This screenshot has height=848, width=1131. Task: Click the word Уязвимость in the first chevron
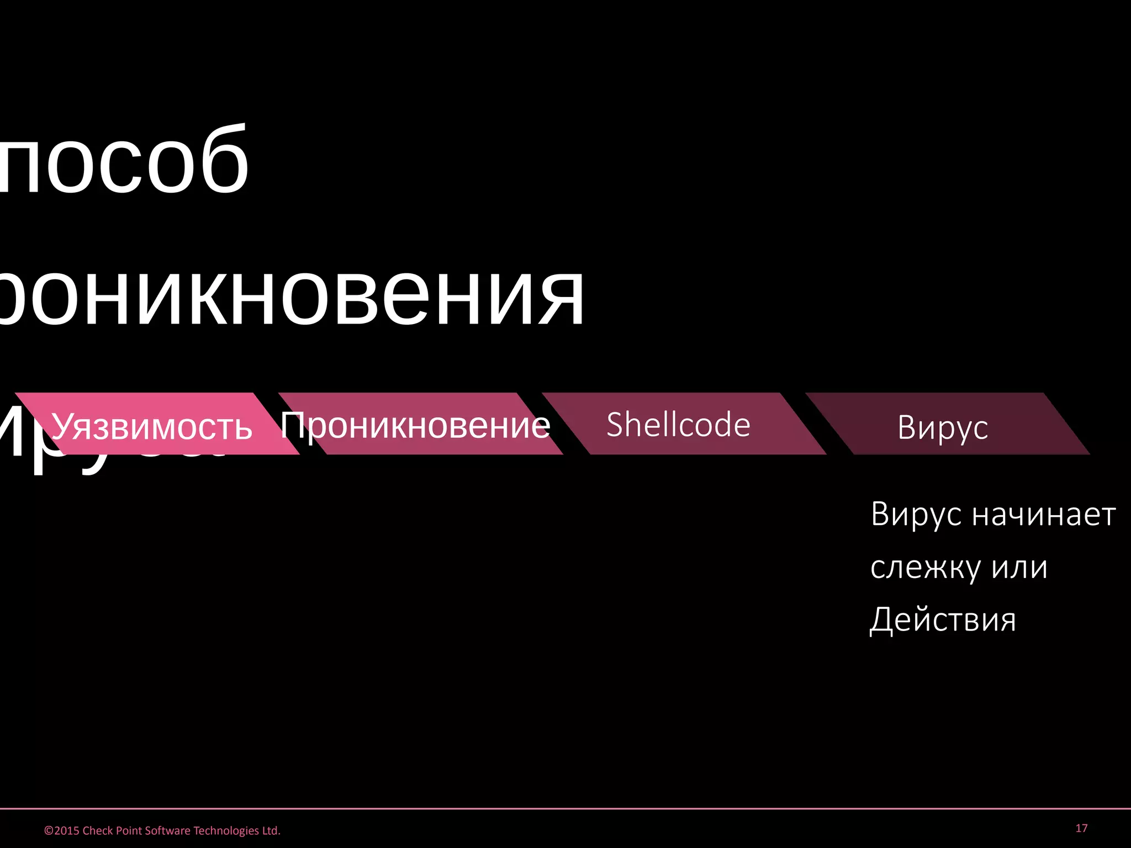pyautogui.click(x=151, y=427)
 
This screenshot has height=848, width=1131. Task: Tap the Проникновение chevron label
pyautogui.click(x=415, y=426)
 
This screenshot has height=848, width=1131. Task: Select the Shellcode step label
pyautogui.click(x=678, y=424)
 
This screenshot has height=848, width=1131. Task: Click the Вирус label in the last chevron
pyautogui.click(x=943, y=427)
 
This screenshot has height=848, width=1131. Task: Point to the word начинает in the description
pyautogui.click(x=1044, y=515)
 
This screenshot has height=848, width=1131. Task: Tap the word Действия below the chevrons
pyautogui.click(x=943, y=619)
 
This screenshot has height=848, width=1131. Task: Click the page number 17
pyautogui.click(x=1081, y=828)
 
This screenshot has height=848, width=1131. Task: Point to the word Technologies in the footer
pyautogui.click(x=226, y=831)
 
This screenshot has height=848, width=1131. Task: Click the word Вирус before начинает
pyautogui.click(x=916, y=515)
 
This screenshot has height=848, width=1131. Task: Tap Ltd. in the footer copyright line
pyautogui.click(x=271, y=831)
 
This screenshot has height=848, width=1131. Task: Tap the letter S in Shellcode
pyautogui.click(x=615, y=424)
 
